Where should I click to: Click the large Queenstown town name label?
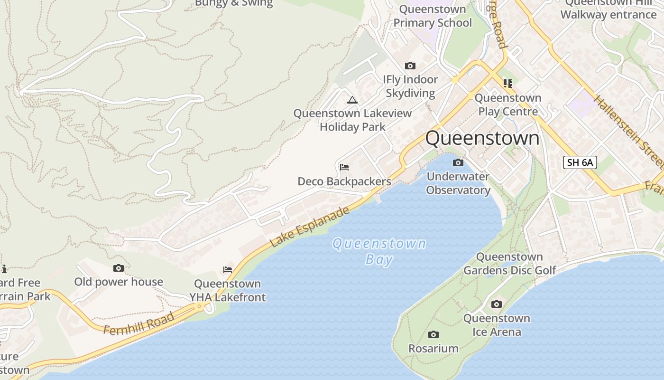482,138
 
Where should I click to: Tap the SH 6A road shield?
580,162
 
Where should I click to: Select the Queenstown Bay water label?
379,251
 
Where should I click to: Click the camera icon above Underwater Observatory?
458,163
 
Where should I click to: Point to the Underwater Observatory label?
458,183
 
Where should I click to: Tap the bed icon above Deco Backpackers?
344,167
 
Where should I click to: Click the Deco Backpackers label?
344,181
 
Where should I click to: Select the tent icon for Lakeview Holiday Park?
352,100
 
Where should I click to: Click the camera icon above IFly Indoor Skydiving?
410,66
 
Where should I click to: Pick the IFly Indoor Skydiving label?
410,86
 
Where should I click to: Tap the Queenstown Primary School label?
433,16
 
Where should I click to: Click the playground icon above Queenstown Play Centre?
508,84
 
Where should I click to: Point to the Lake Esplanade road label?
310,227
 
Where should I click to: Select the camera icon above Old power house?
119,268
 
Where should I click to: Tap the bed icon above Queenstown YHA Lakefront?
228,270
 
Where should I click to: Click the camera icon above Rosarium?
433,335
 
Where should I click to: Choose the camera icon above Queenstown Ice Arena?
497,304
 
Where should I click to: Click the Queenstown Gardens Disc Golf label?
509,264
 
